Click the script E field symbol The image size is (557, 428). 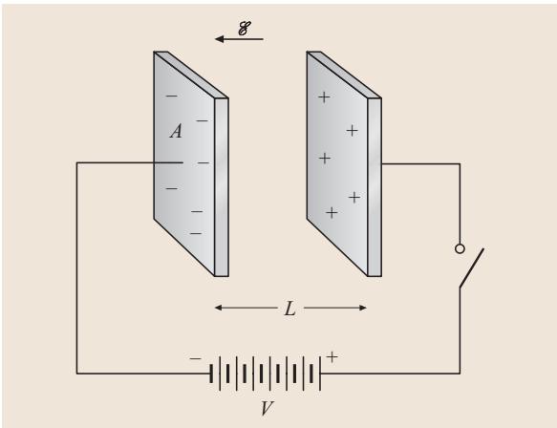coord(245,29)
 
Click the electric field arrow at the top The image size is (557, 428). coord(239,39)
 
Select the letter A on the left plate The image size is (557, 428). coord(176,131)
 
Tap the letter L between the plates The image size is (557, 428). coord(289,309)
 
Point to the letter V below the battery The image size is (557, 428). coord(268,408)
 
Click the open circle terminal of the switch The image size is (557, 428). coord(460,248)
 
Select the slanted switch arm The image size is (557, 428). coord(472,267)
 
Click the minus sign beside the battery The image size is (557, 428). coord(195,359)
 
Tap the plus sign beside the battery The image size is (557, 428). coord(332,357)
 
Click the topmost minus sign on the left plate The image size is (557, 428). coord(172,96)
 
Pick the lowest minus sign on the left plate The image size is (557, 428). coord(196,233)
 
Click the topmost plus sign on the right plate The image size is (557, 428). coord(324,96)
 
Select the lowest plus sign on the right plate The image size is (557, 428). coord(332,213)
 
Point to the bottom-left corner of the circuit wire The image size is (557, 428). coord(76,374)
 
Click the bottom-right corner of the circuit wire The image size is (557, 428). coord(460,374)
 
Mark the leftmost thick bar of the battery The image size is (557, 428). coord(211,374)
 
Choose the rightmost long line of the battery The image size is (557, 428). coord(320,374)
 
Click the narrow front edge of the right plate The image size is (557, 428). coord(375,187)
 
